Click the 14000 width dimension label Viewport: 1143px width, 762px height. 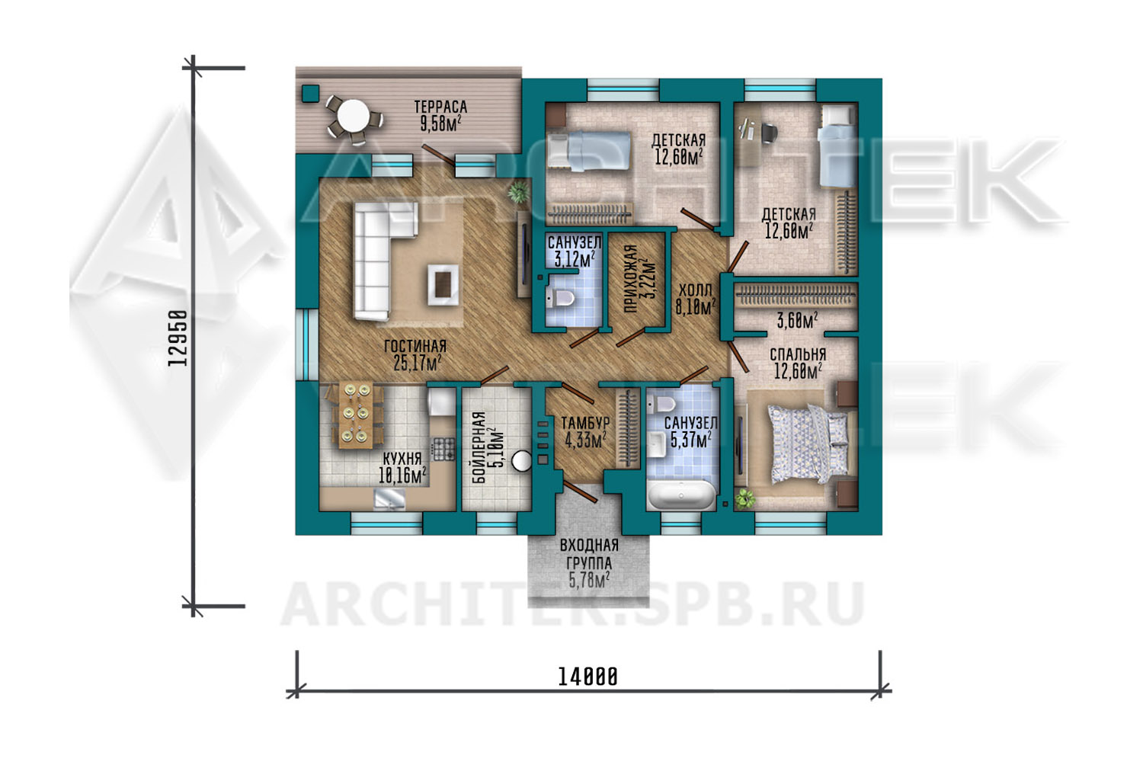[588, 677]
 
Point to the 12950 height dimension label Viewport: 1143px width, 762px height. [178, 338]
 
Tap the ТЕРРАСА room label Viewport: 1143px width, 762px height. [440, 107]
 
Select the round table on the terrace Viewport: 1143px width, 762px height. [353, 116]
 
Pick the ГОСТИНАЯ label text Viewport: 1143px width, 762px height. [415, 346]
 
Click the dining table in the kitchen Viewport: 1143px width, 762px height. [356, 416]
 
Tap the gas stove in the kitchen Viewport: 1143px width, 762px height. [443, 449]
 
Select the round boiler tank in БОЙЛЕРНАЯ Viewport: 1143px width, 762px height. [521, 461]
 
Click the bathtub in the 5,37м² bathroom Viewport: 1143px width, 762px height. [681, 495]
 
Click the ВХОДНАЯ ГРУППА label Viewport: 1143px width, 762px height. [589, 554]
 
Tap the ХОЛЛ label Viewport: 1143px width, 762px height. [695, 290]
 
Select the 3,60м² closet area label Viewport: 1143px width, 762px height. [797, 321]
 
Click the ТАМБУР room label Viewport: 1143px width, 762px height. [585, 424]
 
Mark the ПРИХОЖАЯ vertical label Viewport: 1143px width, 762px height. [631, 279]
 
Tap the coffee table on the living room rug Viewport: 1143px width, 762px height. [443, 284]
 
